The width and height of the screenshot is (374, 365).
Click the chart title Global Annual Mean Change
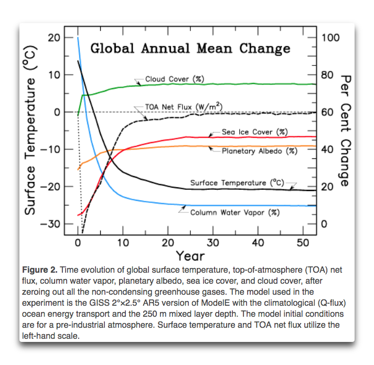point(190,49)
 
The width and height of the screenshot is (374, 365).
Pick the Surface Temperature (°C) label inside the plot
point(237,183)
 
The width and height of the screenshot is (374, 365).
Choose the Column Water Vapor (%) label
point(234,212)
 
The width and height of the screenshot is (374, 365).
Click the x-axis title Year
point(190,255)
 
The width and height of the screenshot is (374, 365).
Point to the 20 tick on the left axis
point(54,38)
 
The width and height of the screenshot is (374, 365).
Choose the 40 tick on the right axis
point(327,149)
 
